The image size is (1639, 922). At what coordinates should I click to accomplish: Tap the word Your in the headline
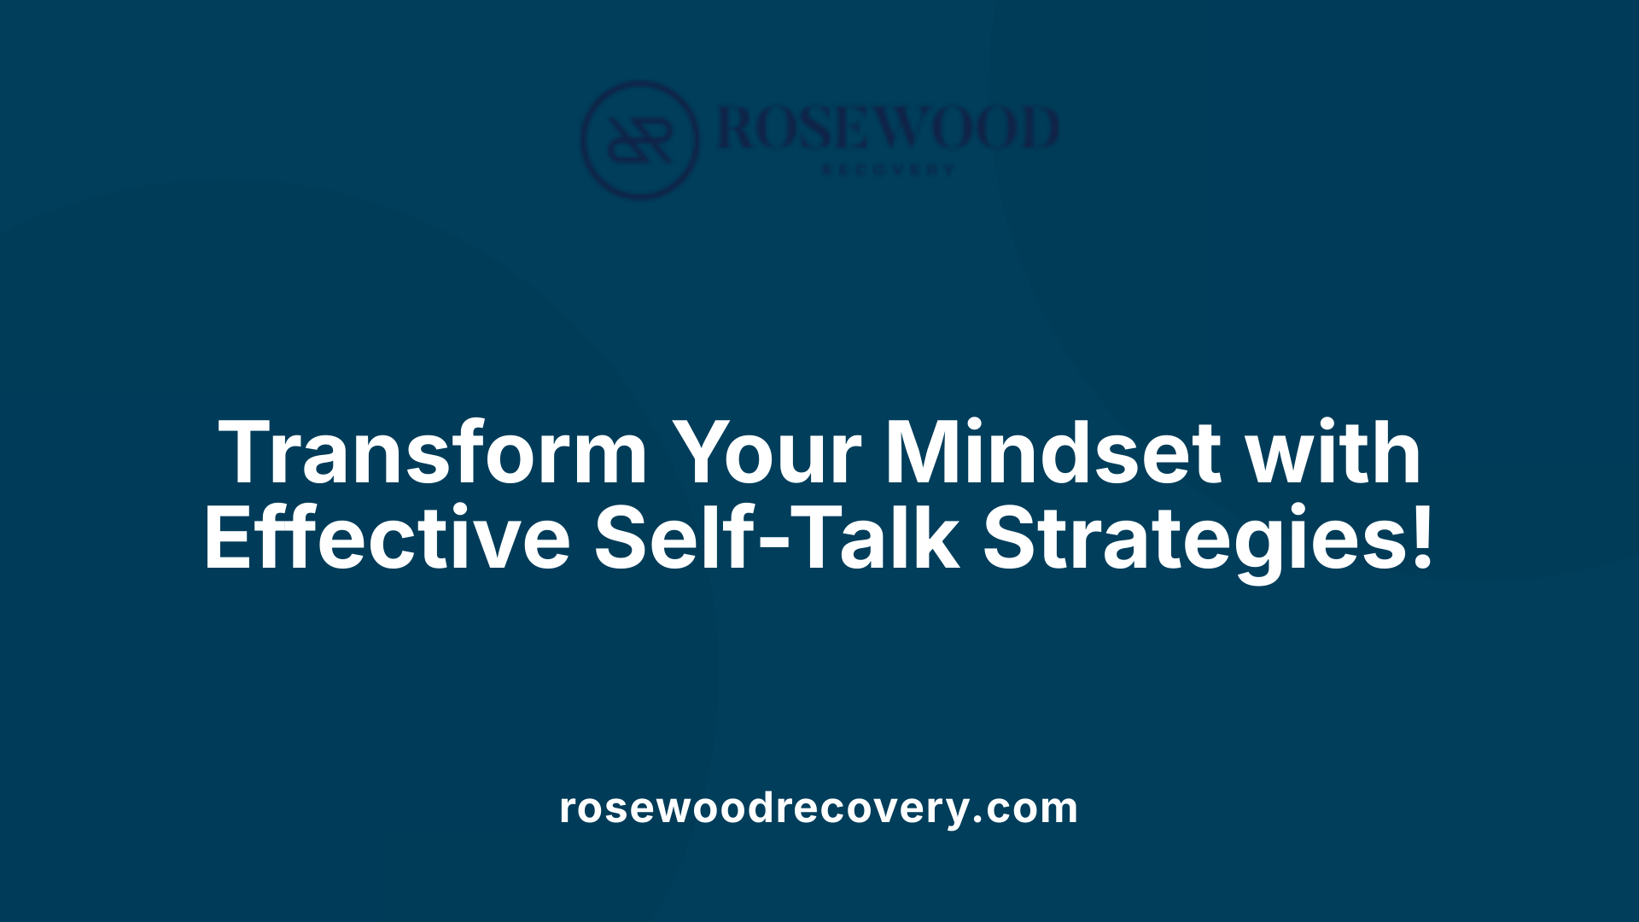(x=766, y=453)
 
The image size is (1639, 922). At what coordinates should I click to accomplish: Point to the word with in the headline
(x=1334, y=453)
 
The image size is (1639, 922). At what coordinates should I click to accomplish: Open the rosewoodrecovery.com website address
(x=819, y=808)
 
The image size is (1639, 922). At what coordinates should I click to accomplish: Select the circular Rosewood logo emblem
(x=639, y=139)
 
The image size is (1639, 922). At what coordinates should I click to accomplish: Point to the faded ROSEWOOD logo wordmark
(x=888, y=128)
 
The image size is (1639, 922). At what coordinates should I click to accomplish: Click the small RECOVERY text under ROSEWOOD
(x=888, y=170)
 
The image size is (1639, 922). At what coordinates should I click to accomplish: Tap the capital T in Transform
(x=248, y=453)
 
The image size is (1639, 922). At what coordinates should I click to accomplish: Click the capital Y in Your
(x=704, y=453)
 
